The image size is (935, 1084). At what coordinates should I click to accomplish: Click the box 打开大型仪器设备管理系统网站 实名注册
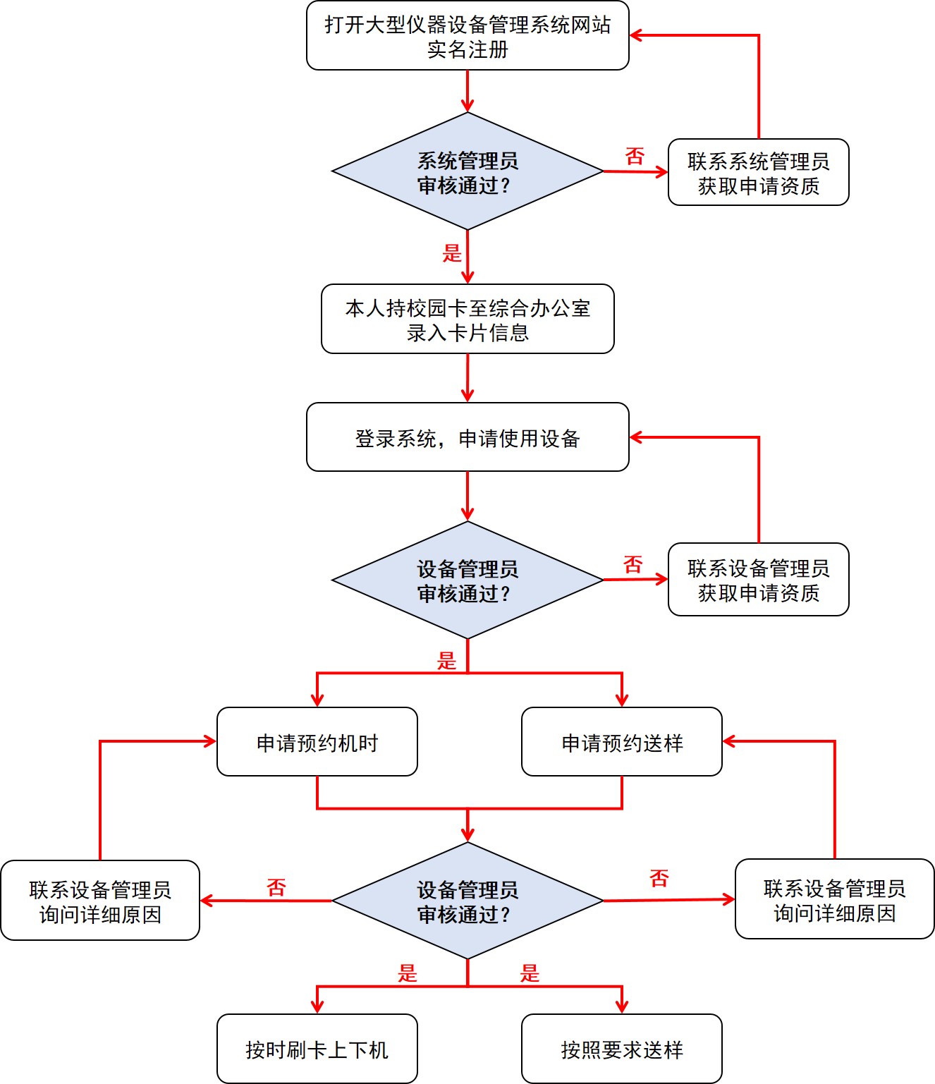pos(468,36)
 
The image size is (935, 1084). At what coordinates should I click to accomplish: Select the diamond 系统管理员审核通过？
pos(468,171)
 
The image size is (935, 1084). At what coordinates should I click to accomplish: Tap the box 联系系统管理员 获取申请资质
pos(758,173)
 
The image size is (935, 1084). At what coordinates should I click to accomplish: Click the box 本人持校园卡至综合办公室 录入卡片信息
pos(468,319)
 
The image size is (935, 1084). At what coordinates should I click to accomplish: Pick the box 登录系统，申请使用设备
pos(468,437)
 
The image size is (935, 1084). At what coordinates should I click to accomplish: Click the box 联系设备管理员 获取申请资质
pos(758,580)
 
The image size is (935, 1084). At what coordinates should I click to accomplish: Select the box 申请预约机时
pos(317,742)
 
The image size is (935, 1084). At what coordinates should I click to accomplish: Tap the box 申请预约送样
pos(621,742)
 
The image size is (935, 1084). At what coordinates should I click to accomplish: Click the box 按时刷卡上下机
pos(317,1049)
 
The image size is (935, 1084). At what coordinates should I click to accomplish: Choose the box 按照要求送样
pos(621,1049)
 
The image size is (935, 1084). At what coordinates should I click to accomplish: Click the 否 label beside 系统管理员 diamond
pos(635,156)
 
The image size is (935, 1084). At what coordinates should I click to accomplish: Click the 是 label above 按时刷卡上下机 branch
pos(408,973)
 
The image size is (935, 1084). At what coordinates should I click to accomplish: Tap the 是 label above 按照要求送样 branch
pos(530,973)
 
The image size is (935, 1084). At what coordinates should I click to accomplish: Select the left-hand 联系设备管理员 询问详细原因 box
pos(100,901)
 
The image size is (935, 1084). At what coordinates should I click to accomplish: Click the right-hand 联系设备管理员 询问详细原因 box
pos(834,899)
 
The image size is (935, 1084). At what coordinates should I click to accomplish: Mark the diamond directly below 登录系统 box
pos(468,580)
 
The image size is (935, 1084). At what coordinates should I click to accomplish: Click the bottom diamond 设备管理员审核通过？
pos(468,901)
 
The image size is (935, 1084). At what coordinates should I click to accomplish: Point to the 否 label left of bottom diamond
pos(276,887)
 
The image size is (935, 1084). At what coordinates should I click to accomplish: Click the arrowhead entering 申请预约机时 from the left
pos(210,741)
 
